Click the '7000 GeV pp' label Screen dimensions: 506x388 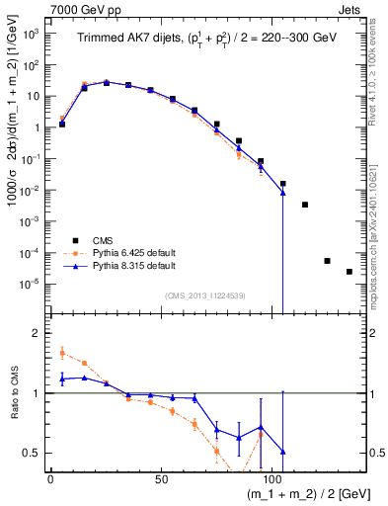tap(80, 9)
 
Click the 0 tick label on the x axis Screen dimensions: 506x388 tap(50, 477)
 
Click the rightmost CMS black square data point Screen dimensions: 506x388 tap(349, 272)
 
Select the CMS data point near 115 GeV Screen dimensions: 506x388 tap(305, 205)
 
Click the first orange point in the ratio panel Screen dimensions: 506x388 tap(62, 351)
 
